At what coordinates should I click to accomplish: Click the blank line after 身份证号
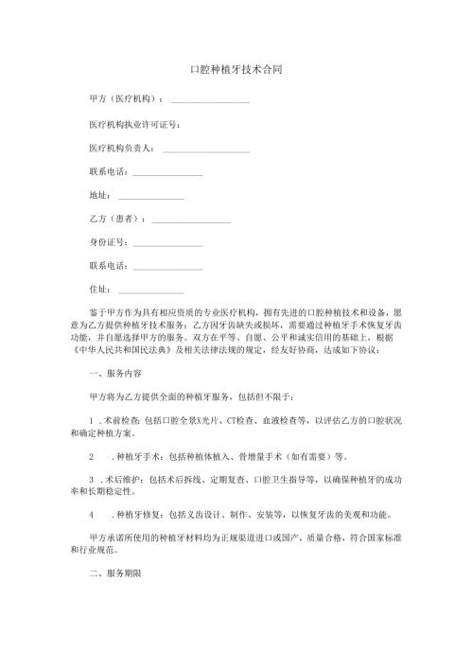(x=167, y=243)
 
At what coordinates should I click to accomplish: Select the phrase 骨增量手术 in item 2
(x=253, y=454)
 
